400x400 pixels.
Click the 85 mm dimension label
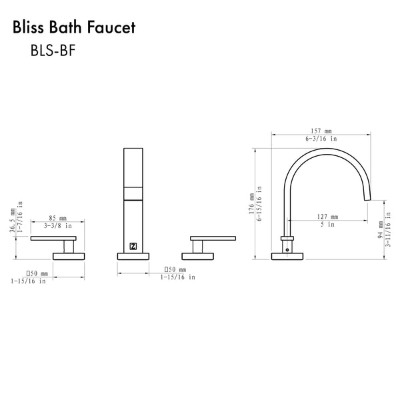tap(58, 218)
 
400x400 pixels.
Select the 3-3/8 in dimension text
tap(58, 226)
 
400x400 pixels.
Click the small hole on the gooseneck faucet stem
tap(287, 247)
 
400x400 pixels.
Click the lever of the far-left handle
tap(54, 238)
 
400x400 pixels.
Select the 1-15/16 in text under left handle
tap(28, 281)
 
